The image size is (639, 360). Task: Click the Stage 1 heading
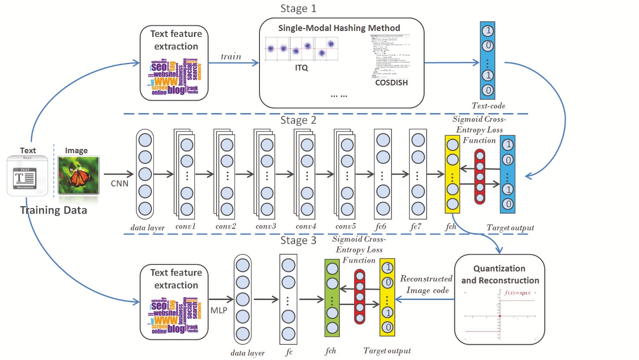click(x=298, y=9)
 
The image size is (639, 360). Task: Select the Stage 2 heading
click(x=298, y=121)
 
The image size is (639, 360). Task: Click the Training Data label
click(x=53, y=211)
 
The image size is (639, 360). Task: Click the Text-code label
click(x=488, y=106)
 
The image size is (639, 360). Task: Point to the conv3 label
click(x=266, y=227)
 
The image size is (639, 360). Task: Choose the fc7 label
click(x=417, y=227)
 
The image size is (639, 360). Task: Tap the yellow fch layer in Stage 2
click(x=452, y=174)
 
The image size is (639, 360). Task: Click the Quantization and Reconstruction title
click(x=499, y=274)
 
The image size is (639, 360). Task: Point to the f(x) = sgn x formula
click(x=519, y=292)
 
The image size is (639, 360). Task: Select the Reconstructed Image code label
click(x=426, y=284)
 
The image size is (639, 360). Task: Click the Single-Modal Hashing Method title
click(x=339, y=28)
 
